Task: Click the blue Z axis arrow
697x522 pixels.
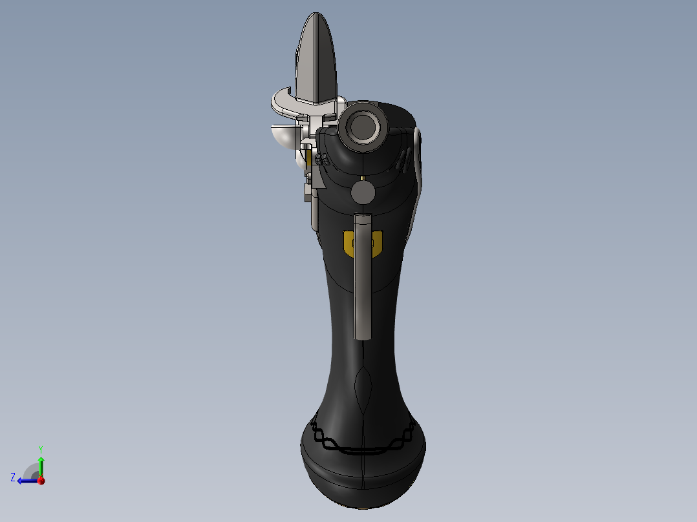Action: pos(26,481)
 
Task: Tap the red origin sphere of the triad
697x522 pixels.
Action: pos(41,481)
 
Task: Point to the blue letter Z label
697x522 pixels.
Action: pos(13,477)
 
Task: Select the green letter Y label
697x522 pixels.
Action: pos(40,448)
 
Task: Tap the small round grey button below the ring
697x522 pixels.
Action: pos(363,192)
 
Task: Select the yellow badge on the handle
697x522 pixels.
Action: pos(349,243)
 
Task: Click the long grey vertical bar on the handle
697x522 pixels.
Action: pos(363,278)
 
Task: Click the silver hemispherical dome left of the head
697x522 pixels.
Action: pos(283,135)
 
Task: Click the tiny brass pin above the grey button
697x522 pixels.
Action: pos(363,178)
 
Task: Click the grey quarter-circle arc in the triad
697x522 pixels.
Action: pos(30,470)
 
